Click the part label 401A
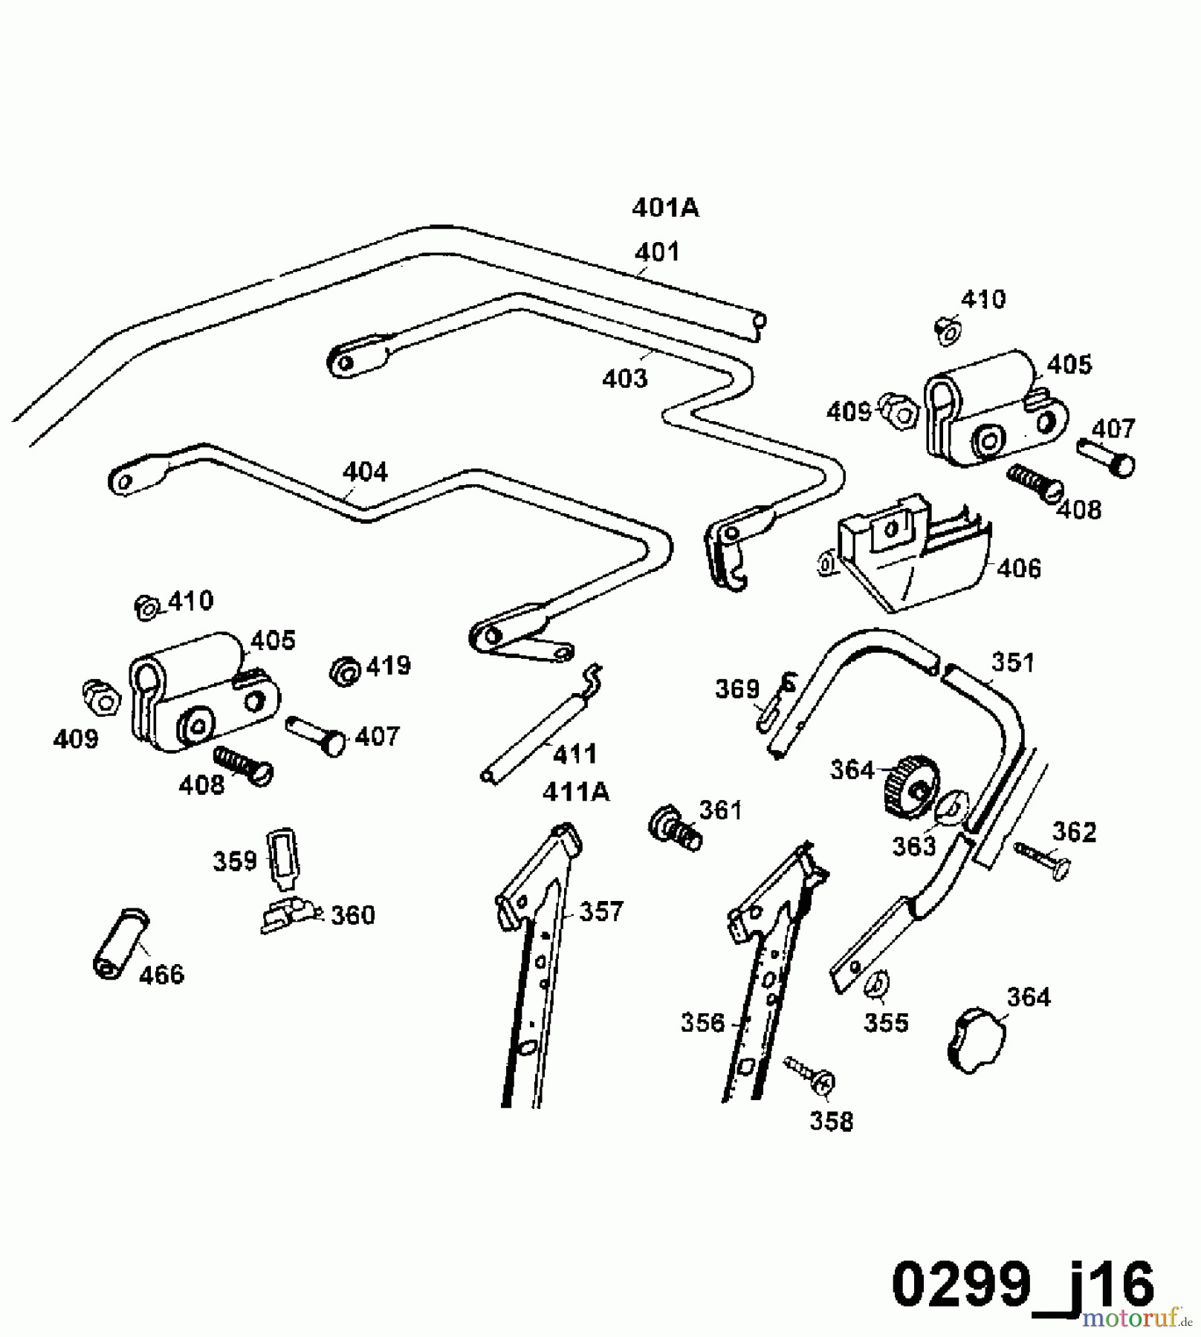point(665,208)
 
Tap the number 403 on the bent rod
point(624,379)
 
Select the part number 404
point(364,472)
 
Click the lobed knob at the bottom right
point(976,1039)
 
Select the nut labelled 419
point(345,670)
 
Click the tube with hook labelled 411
point(539,728)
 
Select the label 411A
point(575,793)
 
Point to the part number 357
point(600,911)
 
